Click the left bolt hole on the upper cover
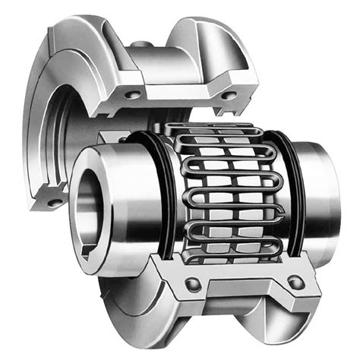coord(134,94)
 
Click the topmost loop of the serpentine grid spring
coord(220,128)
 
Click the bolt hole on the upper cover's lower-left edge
coord(52,202)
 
